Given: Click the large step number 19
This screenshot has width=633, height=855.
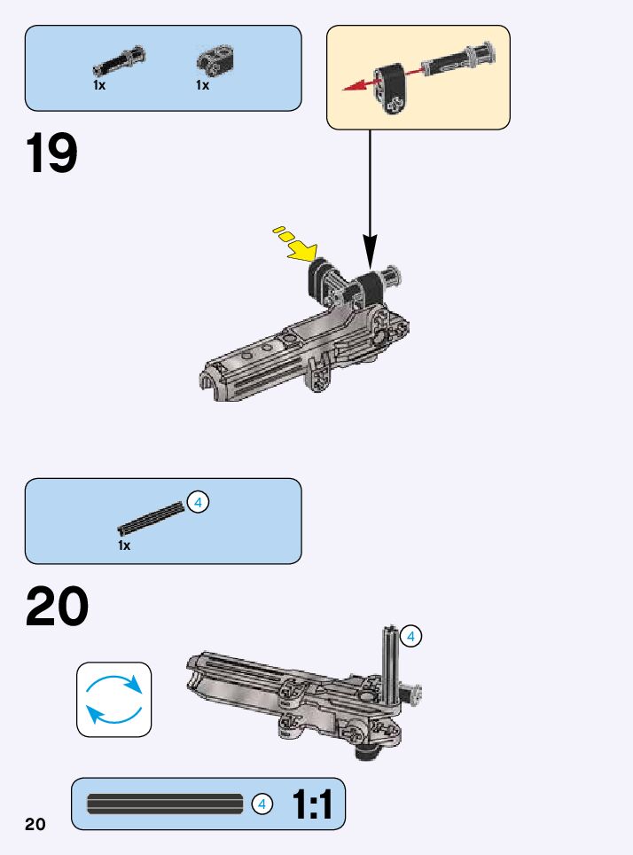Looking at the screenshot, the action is pyautogui.click(x=52, y=153).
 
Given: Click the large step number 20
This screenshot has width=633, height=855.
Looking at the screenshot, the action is pyautogui.click(x=58, y=608).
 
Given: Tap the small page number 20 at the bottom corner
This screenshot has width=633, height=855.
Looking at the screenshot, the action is pyautogui.click(x=35, y=824).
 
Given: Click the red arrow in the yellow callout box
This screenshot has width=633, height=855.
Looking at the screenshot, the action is pyautogui.click(x=358, y=85).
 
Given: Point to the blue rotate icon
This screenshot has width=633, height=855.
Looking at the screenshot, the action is pyautogui.click(x=113, y=699).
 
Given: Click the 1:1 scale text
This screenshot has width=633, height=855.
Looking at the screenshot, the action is pyautogui.click(x=311, y=805).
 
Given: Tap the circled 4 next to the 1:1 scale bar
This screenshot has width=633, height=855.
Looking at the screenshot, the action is pyautogui.click(x=261, y=804).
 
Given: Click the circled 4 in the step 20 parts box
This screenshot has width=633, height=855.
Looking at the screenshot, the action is pyautogui.click(x=198, y=502).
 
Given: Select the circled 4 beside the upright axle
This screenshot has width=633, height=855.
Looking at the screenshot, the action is pyautogui.click(x=410, y=636).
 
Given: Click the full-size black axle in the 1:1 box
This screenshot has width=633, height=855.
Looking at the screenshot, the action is pyautogui.click(x=165, y=804).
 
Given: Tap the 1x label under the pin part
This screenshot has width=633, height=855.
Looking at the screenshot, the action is pyautogui.click(x=99, y=86).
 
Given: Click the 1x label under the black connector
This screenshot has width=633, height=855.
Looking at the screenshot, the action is pyautogui.click(x=202, y=86).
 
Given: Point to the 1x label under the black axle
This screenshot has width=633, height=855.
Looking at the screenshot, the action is pyautogui.click(x=124, y=545).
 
